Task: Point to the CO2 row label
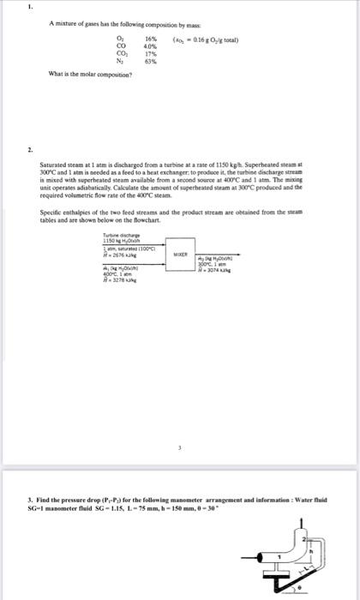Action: [119, 55]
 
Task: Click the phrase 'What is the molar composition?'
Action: [83, 75]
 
